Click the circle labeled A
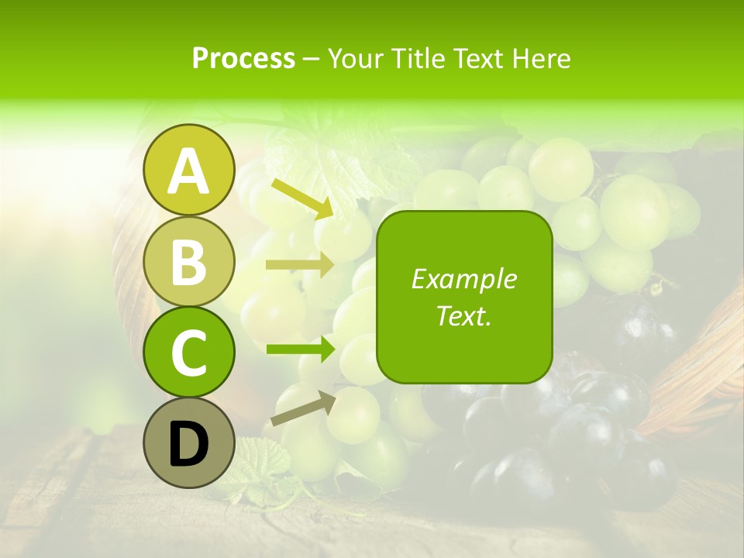[x=189, y=170]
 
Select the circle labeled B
[x=189, y=261]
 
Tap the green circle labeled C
[x=189, y=352]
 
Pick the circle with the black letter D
[x=189, y=443]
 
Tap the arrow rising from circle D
[x=302, y=408]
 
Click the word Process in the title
[x=243, y=58]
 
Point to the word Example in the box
[x=463, y=279]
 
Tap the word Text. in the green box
[x=463, y=315]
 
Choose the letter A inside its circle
[x=189, y=171]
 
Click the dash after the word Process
[x=312, y=59]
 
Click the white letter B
[x=189, y=262]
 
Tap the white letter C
[x=189, y=353]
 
